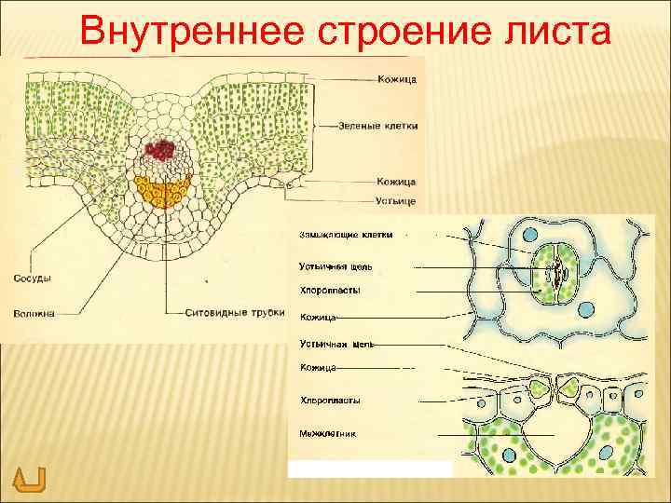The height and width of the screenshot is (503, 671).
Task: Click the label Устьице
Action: pyautogui.click(x=396, y=201)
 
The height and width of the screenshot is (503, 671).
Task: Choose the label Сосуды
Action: pyautogui.click(x=33, y=278)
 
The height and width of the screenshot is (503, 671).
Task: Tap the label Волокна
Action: pyautogui.click(x=34, y=313)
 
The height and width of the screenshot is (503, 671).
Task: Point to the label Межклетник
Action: pyautogui.click(x=327, y=433)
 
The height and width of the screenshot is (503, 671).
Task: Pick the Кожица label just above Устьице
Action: pyautogui.click(x=397, y=181)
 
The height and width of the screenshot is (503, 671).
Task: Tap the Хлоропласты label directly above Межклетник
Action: pyautogui.click(x=330, y=400)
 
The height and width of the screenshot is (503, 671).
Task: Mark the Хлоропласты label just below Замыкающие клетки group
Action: pyautogui.click(x=330, y=291)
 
